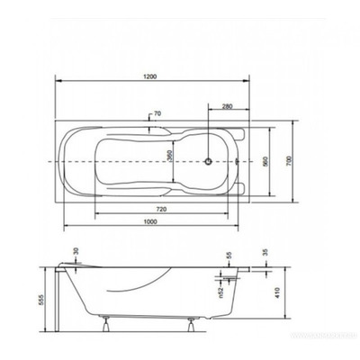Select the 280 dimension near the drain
tap(228, 108)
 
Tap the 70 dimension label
tap(157, 114)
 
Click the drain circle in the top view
tap(210, 162)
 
